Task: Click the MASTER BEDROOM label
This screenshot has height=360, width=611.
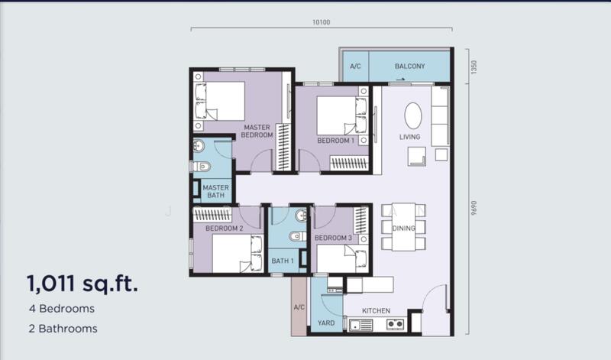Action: pyautogui.click(x=257, y=131)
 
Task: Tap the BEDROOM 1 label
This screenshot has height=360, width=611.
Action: pyautogui.click(x=335, y=141)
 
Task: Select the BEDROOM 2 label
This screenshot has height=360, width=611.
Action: pyautogui.click(x=225, y=228)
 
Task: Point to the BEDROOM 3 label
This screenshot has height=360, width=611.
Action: pyautogui.click(x=333, y=238)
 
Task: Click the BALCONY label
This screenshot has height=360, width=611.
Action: pyautogui.click(x=409, y=66)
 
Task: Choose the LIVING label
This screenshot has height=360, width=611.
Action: pyautogui.click(x=409, y=137)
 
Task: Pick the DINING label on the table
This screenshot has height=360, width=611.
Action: pyautogui.click(x=403, y=228)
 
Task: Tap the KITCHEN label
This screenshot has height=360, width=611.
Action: pyautogui.click(x=376, y=311)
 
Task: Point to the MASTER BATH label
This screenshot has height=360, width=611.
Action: pyautogui.click(x=216, y=191)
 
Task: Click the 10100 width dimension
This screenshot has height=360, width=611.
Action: pyautogui.click(x=321, y=22)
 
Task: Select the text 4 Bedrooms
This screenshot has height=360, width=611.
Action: pyautogui.click(x=62, y=310)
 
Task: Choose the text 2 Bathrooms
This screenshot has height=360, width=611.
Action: pyautogui.click(x=63, y=329)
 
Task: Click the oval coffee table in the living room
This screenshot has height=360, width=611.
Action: pyautogui.click(x=412, y=115)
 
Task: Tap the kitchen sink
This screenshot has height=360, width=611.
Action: pyautogui.click(x=359, y=325)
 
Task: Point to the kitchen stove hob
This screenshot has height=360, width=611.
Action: pyautogui.click(x=395, y=325)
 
